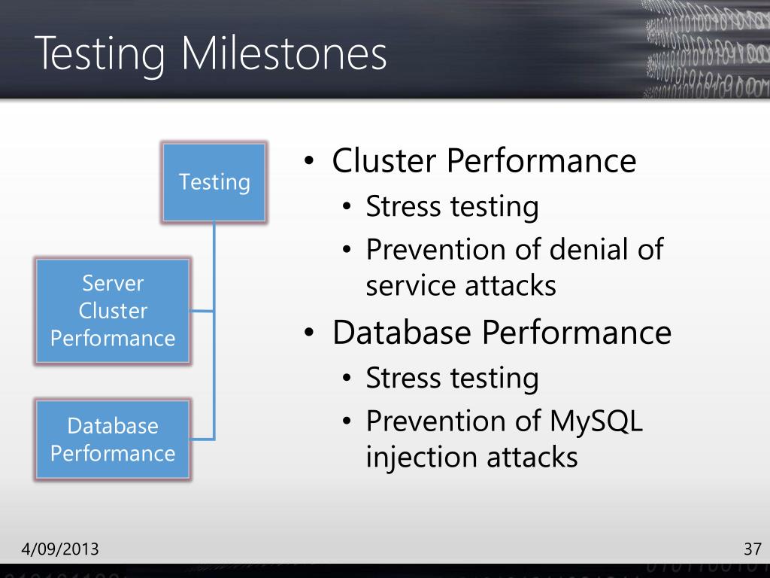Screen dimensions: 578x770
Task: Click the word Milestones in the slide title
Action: (286, 54)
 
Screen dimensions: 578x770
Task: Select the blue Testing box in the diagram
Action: (214, 182)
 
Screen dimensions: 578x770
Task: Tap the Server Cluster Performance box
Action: (113, 311)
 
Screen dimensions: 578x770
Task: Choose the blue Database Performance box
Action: (113, 440)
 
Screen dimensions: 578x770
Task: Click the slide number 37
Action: (753, 548)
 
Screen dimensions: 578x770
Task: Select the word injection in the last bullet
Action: (418, 457)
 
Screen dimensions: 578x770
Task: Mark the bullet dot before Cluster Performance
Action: (308, 163)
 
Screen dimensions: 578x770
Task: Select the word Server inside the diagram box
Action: (113, 284)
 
